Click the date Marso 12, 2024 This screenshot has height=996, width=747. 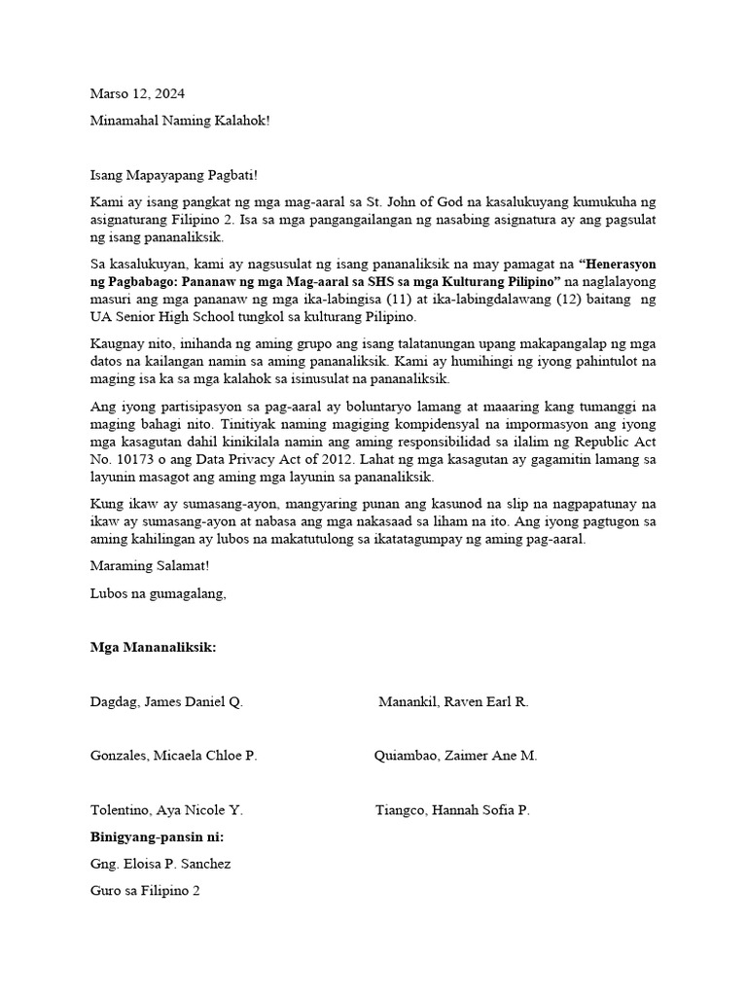137,94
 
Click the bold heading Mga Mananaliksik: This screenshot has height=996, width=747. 153,647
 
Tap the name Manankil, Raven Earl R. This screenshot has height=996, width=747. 453,701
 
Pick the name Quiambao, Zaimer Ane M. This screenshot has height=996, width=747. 455,756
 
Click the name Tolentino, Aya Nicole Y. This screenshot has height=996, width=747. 166,810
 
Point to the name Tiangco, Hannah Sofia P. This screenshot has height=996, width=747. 452,810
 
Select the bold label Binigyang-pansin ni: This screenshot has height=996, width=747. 156,836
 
